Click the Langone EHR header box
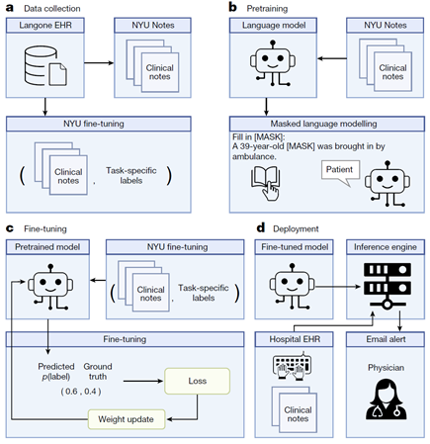coord(45,26)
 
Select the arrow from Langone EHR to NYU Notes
coord(99,63)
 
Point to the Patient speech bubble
coord(340,173)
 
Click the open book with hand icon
coord(266,183)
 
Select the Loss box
coord(197,381)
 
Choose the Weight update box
coord(127,419)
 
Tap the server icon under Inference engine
coord(387,286)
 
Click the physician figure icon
coord(387,399)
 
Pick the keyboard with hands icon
coord(293,366)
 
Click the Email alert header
coord(386,339)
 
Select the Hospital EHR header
coord(294,339)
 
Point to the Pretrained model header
coord(47,247)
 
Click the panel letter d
coord(261,227)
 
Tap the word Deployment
coord(296,228)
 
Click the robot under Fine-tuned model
coord(292,286)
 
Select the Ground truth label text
coord(98,372)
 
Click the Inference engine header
coord(386,247)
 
